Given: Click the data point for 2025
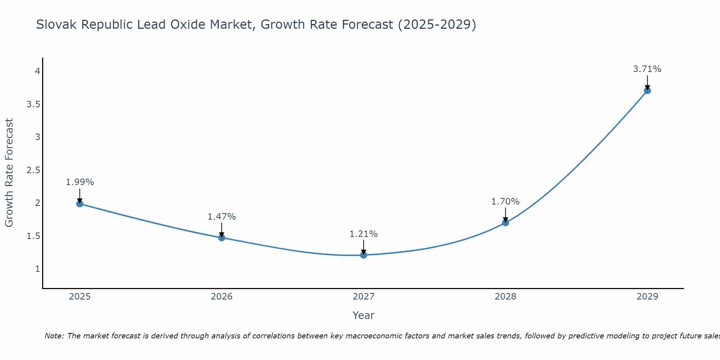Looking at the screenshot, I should (80, 204).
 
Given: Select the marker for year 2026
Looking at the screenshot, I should (221, 238).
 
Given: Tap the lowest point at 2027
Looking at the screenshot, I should (364, 255).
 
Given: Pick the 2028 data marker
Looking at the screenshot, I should (505, 222).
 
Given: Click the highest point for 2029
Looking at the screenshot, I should (647, 90).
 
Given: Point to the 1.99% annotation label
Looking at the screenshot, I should (80, 182).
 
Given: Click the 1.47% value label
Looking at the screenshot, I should (221, 217).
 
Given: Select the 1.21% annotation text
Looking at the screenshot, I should (364, 234).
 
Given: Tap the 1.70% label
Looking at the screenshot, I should (505, 202).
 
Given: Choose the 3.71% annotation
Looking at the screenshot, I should (647, 69).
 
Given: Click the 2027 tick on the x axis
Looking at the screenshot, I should (364, 297).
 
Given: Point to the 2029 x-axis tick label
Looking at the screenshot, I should (647, 297).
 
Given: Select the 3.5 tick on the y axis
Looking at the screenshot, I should (33, 104).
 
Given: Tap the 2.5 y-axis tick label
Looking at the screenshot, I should (33, 170).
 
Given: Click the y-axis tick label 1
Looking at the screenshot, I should (37, 269).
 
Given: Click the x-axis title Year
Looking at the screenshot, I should (364, 315).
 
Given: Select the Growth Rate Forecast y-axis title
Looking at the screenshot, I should (9, 173).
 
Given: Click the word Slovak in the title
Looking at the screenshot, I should (57, 24).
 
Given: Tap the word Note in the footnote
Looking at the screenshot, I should (54, 336).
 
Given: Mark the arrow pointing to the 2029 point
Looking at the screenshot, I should (647, 82).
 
